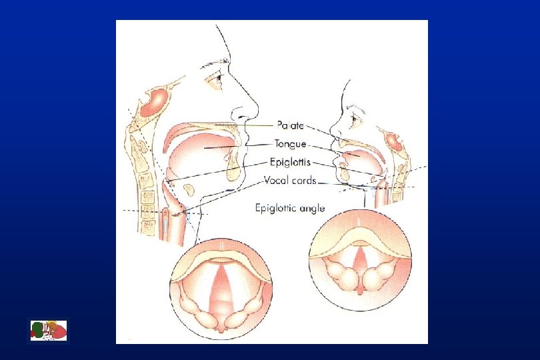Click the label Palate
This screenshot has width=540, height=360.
click(x=291, y=125)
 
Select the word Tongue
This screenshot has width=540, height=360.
click(x=290, y=143)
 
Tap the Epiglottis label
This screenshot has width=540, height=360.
click(x=291, y=161)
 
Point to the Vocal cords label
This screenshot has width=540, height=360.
click(x=290, y=180)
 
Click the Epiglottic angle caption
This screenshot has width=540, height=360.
click(x=290, y=208)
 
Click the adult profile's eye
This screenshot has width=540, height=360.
click(x=215, y=79)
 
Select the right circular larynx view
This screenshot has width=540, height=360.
click(x=359, y=260)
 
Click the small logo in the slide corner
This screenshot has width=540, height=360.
click(x=49, y=331)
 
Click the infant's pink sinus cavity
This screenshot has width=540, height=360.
click(x=394, y=143)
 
